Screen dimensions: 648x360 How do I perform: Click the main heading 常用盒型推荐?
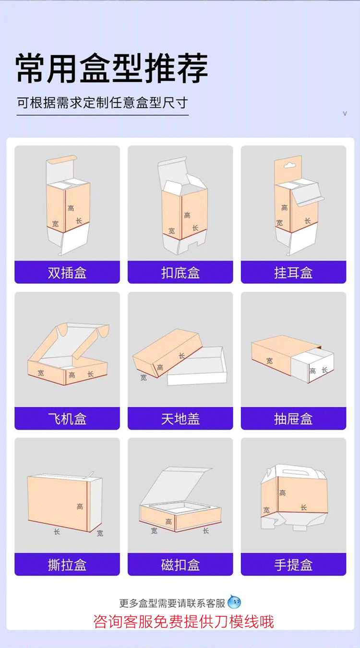(x=112, y=68)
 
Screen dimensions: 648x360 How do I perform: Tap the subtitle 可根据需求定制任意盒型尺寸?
(x=102, y=103)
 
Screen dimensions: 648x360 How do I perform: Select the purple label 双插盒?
(x=67, y=273)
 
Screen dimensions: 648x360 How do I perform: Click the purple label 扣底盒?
(x=180, y=273)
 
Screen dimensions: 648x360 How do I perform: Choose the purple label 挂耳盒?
(x=293, y=273)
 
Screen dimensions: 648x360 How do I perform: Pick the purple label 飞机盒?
(x=67, y=419)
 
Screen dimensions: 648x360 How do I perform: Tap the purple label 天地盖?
(x=180, y=419)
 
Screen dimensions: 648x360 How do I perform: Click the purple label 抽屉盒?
(x=293, y=419)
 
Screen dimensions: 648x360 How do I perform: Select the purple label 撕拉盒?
(x=67, y=565)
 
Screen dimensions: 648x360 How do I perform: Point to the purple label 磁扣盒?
(x=180, y=565)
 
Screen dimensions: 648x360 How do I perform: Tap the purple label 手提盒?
(x=293, y=565)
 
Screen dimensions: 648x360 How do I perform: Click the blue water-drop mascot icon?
(x=234, y=602)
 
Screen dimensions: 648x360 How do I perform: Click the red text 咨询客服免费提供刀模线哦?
(x=183, y=622)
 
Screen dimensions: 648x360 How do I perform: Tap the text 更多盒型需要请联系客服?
(x=172, y=603)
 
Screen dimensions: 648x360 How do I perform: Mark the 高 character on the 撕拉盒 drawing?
(x=80, y=507)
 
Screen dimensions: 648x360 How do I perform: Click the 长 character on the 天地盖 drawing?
(x=181, y=355)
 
